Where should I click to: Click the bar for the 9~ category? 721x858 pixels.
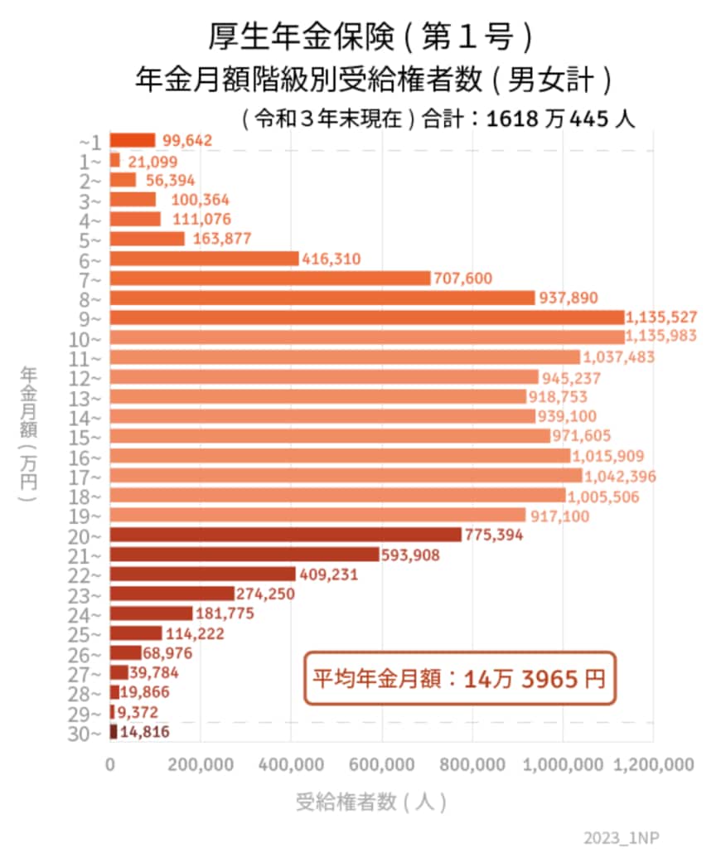(x=366, y=318)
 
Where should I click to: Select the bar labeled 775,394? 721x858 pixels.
(x=285, y=535)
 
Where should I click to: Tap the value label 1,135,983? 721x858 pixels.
(x=661, y=337)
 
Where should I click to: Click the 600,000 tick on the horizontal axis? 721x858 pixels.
(x=382, y=766)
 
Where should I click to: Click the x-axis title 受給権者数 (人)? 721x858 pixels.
(x=371, y=802)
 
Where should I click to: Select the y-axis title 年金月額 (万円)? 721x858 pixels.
(x=29, y=434)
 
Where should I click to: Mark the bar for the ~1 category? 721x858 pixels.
(x=133, y=140)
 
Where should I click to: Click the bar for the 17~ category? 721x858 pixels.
(x=346, y=476)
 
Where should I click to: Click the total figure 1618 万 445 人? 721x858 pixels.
(x=560, y=119)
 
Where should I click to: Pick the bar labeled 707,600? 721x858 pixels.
(x=270, y=279)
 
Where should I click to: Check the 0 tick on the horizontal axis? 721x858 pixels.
(x=110, y=766)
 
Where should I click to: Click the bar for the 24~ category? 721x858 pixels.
(x=151, y=613)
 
